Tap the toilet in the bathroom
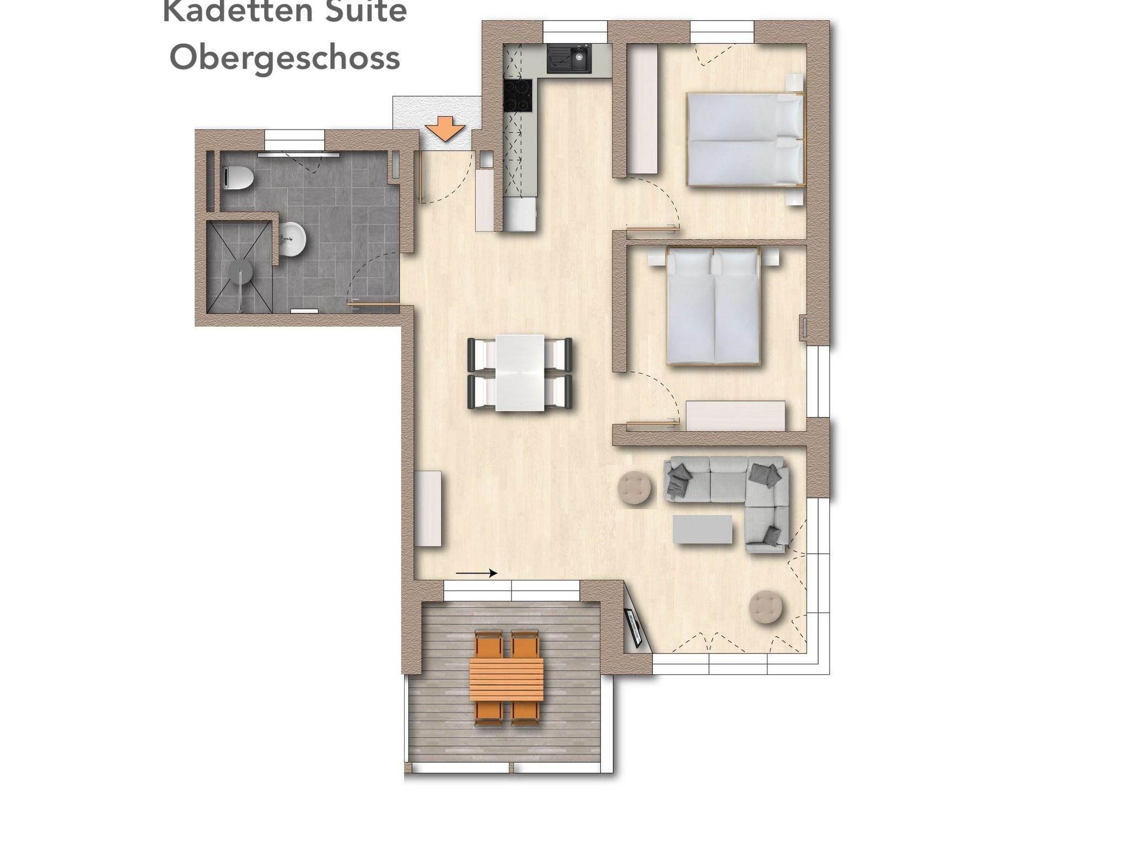coord(238,178)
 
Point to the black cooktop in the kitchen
coord(519,96)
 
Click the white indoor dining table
coord(519,373)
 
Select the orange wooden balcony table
coord(507,679)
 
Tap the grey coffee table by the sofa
coord(702,529)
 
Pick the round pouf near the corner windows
coord(766,608)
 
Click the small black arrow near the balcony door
coord(476,573)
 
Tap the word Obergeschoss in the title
coord(284,58)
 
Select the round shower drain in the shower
coord(241,271)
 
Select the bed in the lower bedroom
coord(713,305)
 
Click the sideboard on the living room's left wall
coord(428,508)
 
